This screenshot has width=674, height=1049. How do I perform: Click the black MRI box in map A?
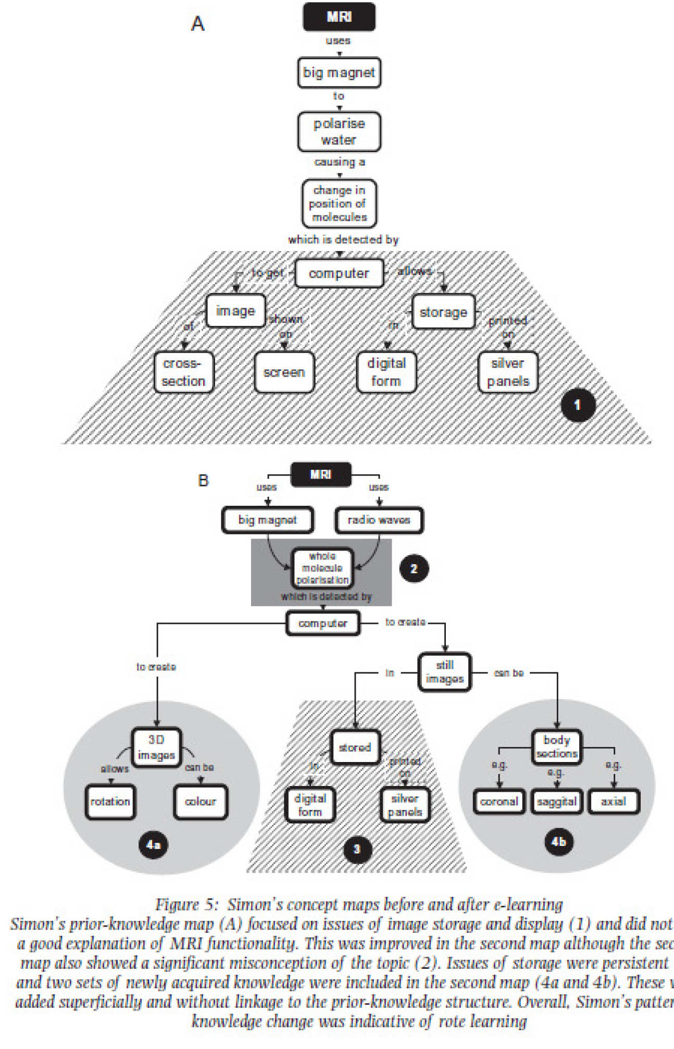(x=339, y=17)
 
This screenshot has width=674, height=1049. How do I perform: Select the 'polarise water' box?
(x=339, y=131)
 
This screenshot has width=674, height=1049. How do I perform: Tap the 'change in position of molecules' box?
(x=339, y=204)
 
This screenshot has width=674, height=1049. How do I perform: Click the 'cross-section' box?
(x=183, y=372)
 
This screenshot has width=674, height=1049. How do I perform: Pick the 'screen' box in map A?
(x=284, y=372)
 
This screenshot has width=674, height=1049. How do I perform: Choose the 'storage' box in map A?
(x=443, y=312)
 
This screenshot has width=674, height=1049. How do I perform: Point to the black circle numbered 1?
(x=577, y=405)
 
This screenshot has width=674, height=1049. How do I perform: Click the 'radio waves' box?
(x=379, y=520)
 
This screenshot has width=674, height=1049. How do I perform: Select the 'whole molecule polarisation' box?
(x=322, y=568)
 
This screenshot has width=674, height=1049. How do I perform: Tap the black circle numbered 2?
(x=414, y=568)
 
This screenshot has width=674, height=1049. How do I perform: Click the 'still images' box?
(x=445, y=672)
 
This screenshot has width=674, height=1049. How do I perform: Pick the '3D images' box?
(x=156, y=747)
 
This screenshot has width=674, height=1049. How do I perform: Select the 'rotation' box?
(x=110, y=801)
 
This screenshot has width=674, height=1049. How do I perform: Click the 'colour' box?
(x=201, y=801)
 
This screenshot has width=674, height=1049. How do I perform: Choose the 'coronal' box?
(x=499, y=801)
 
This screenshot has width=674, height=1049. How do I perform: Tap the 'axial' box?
(x=613, y=801)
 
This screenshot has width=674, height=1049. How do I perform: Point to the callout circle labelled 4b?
(x=558, y=841)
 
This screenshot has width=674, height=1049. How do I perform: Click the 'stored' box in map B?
(x=355, y=747)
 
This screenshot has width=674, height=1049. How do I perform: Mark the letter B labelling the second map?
(x=203, y=480)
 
